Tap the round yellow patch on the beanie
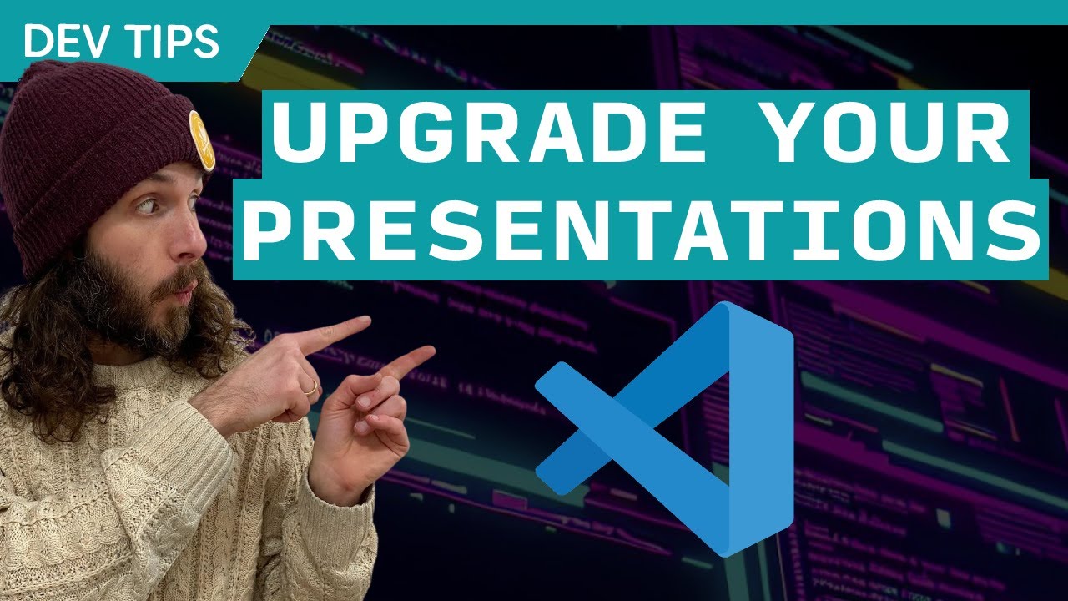(201, 139)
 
